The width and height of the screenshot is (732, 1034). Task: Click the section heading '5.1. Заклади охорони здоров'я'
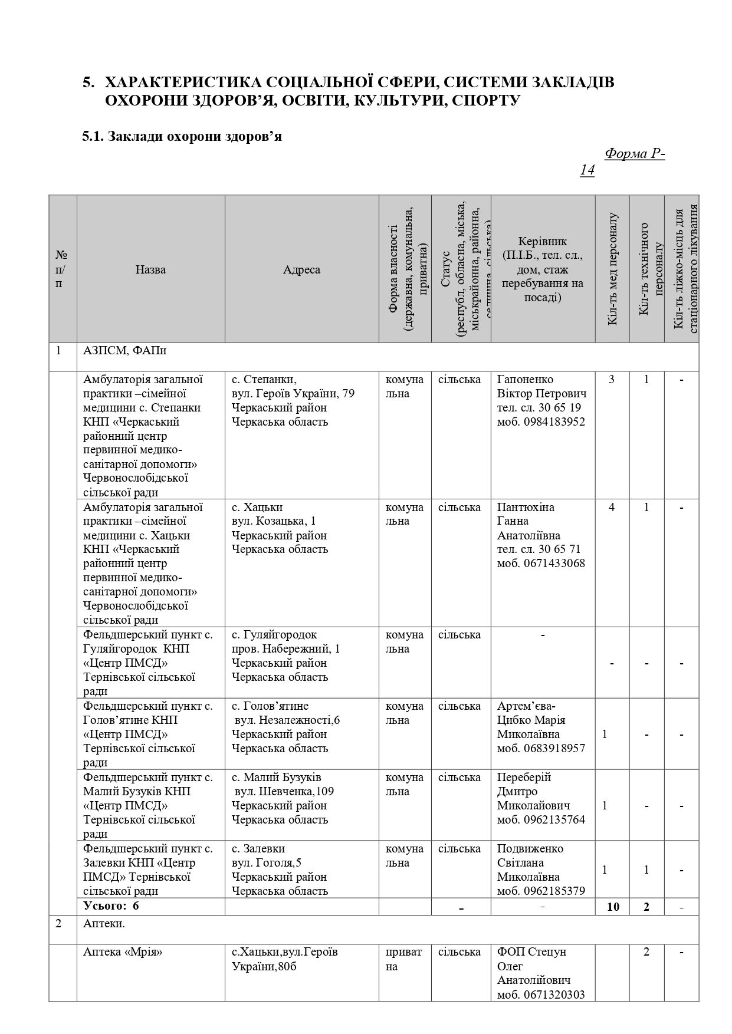point(182,137)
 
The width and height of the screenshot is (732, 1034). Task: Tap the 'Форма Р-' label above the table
point(635,154)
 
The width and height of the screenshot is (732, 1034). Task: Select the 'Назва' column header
point(150,269)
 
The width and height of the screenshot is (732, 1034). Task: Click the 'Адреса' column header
point(301,269)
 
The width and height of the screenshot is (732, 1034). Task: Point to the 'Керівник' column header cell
point(542,269)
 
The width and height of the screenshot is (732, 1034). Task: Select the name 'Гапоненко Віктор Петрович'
point(541,387)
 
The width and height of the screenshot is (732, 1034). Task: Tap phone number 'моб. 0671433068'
point(541,563)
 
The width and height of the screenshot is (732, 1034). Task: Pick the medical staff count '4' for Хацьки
point(612,507)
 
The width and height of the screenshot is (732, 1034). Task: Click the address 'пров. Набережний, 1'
point(285,649)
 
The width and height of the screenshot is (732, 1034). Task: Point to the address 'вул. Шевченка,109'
point(284,791)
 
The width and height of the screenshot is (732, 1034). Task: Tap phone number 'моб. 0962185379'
point(541,891)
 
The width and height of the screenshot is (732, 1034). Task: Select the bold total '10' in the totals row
point(613,907)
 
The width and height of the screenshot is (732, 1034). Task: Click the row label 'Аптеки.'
point(104,924)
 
